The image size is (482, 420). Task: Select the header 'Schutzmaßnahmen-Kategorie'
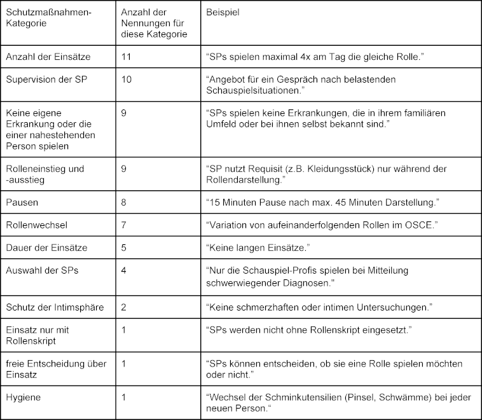click(43, 17)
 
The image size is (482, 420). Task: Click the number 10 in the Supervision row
click(126, 79)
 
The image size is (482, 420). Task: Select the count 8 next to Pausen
click(123, 202)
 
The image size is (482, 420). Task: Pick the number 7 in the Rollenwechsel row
click(123, 225)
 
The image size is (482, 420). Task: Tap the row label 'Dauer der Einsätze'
click(46, 247)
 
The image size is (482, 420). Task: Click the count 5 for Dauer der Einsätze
click(123, 247)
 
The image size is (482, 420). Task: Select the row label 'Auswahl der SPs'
click(41, 270)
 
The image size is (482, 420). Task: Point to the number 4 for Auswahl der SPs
click(123, 270)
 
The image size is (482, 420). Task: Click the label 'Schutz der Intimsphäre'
click(55, 307)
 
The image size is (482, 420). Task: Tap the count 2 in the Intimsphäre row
click(123, 307)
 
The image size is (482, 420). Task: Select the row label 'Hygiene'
click(23, 396)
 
